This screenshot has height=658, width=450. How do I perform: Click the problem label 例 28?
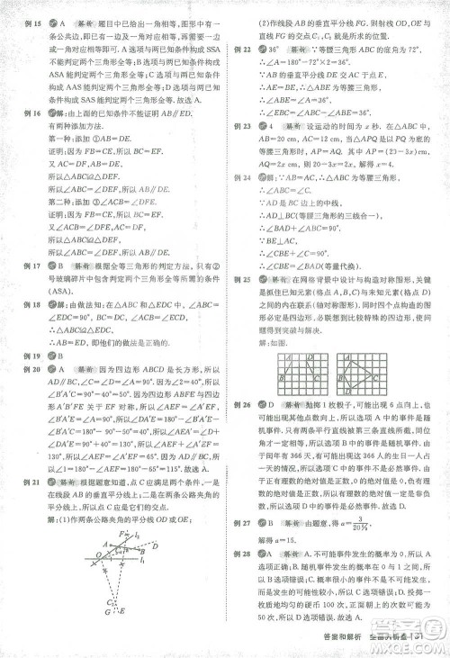[x=240, y=577]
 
